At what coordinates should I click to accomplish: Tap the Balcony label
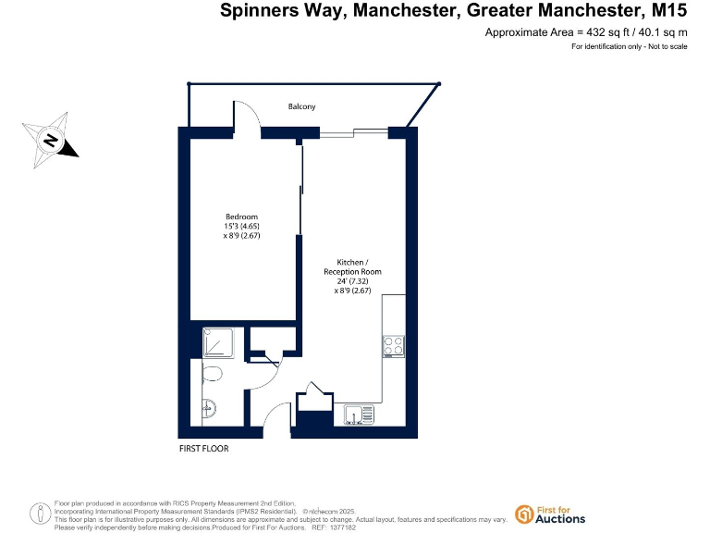pyautogui.click(x=301, y=106)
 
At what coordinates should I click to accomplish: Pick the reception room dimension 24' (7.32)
pyautogui.click(x=351, y=281)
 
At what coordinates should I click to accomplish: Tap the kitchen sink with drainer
pyautogui.click(x=357, y=415)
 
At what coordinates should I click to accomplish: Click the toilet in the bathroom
pyautogui.click(x=211, y=374)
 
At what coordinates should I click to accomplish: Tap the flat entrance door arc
pyautogui.click(x=278, y=419)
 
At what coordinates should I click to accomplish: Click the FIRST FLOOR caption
pyautogui.click(x=203, y=449)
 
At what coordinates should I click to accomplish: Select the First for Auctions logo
pyautogui.click(x=550, y=514)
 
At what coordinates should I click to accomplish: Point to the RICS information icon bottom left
pyautogui.click(x=40, y=514)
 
